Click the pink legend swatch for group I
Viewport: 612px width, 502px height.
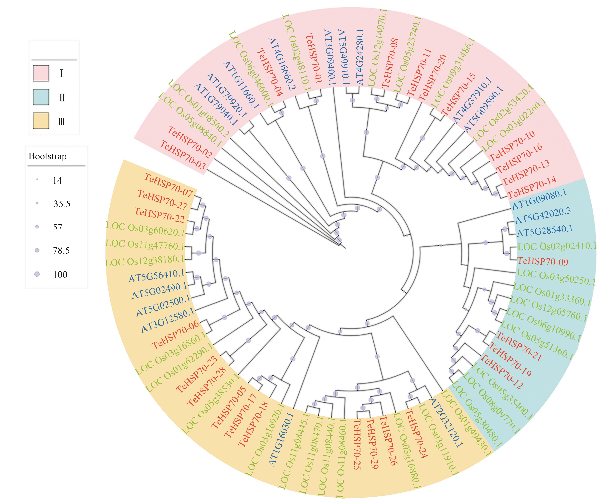coord(41,73)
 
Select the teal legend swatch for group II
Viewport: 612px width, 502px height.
coord(41,97)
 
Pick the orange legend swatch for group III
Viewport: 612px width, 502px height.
coord(41,121)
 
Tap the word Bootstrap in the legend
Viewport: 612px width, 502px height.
coord(48,156)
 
